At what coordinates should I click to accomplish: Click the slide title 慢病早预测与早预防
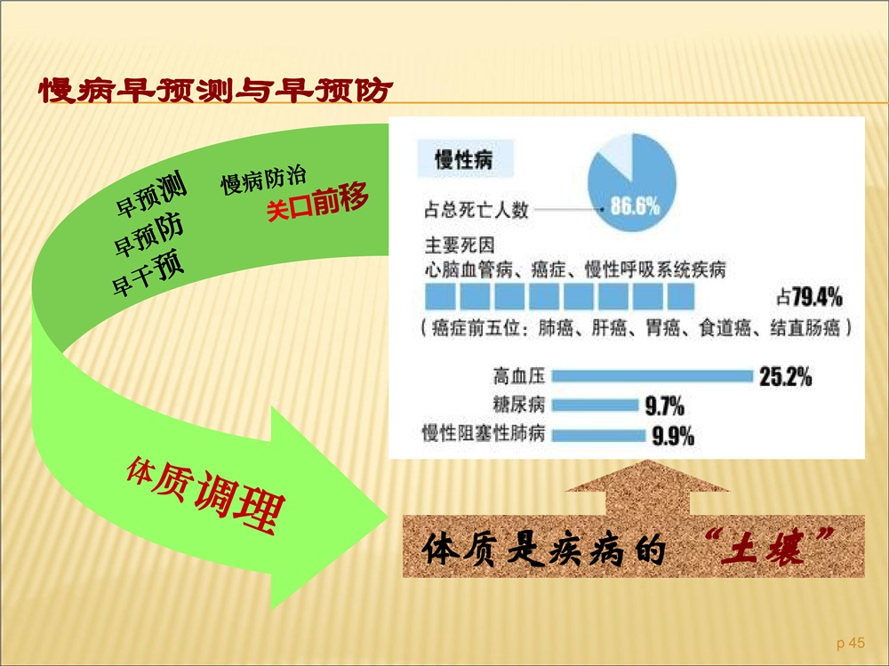click(x=215, y=90)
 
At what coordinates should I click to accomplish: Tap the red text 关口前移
click(x=317, y=202)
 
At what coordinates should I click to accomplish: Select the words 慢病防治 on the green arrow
click(x=263, y=180)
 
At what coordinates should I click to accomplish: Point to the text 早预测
click(x=151, y=194)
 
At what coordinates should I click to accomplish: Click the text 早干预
click(x=148, y=273)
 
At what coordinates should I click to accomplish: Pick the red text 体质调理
click(x=205, y=494)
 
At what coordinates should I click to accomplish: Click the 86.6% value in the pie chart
click(x=635, y=205)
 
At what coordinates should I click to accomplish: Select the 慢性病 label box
click(x=465, y=158)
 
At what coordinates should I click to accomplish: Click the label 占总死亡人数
click(x=477, y=210)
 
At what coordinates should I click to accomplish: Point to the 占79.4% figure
click(x=809, y=297)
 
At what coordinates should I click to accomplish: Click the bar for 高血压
click(x=652, y=375)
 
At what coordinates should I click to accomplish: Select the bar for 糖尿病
click(x=595, y=405)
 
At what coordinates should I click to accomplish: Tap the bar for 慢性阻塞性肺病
click(x=598, y=435)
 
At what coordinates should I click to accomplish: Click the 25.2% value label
click(x=785, y=376)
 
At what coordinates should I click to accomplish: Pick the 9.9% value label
click(x=673, y=437)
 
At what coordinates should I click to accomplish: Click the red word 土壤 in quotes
click(x=769, y=546)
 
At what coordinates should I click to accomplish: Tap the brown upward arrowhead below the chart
click(x=647, y=476)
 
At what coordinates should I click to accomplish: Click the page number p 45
click(x=851, y=643)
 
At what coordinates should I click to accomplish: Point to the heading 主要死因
click(x=460, y=245)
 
